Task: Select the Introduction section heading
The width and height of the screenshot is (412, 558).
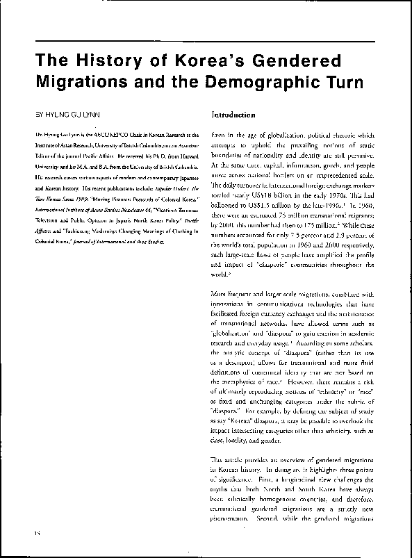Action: (233, 113)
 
